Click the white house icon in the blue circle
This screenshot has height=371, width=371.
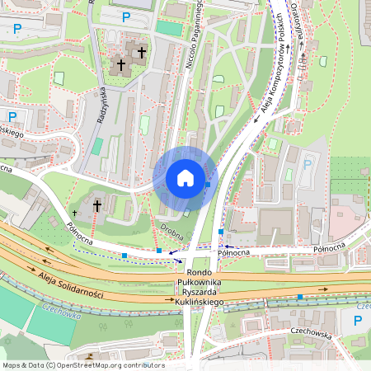click(185, 178)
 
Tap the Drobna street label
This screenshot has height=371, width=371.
click(171, 228)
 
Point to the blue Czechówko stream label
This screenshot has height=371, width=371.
click(59, 314)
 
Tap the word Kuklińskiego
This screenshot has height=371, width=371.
click(200, 303)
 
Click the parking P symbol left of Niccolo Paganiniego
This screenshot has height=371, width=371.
click(126, 16)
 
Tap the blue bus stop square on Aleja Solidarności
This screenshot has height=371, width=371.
click(300, 296)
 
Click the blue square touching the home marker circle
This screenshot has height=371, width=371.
click(208, 185)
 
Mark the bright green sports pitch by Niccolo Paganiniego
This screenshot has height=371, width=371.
click(169, 27)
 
